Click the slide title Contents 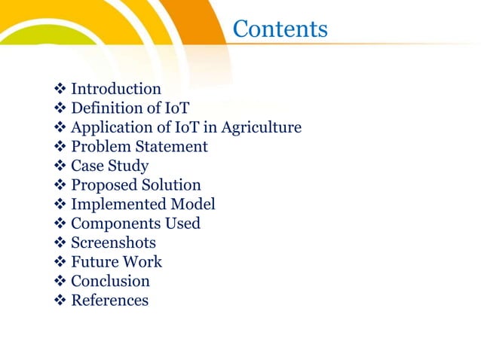280,29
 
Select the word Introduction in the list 115,89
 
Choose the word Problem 100,147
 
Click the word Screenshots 113,243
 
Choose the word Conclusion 110,281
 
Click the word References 109,301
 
